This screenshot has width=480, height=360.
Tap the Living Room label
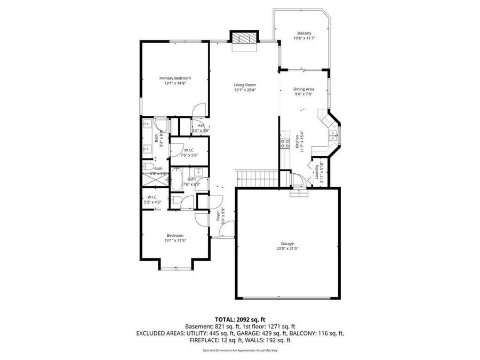[x=245, y=85]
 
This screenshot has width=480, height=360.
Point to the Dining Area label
[x=303, y=89]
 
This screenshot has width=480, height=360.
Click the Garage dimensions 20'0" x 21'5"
[x=287, y=249]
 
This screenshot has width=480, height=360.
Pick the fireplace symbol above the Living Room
[x=244, y=39]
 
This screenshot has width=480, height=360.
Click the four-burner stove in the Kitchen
[x=284, y=143]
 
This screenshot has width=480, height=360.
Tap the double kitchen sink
[x=334, y=135]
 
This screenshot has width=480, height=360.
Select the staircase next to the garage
[x=257, y=179]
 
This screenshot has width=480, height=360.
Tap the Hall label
[x=201, y=126]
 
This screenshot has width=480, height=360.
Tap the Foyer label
[x=218, y=215]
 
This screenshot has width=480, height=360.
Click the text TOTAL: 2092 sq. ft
[x=239, y=319]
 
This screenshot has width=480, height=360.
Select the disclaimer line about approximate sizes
[x=239, y=350]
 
